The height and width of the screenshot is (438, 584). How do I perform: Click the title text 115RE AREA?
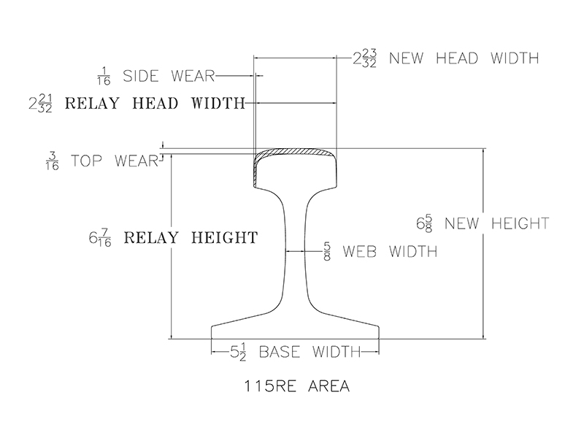297,386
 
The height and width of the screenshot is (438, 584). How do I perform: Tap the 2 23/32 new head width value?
364,58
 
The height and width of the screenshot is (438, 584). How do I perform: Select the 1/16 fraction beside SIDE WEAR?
104,77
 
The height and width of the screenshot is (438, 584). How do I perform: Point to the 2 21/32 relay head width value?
41,104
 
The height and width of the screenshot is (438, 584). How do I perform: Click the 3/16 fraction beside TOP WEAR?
52,161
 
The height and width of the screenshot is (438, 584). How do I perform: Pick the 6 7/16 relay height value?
100,238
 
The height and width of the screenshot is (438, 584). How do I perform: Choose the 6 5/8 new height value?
425,223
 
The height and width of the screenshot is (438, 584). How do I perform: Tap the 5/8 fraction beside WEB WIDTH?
327,251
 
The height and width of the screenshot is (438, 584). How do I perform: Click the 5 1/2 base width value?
239,352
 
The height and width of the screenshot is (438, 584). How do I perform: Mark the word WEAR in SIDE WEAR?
193,76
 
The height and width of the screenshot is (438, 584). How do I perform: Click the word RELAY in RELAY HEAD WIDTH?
92,103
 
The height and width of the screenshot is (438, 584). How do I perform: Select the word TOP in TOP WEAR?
86,161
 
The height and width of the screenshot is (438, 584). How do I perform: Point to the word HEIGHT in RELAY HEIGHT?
225,238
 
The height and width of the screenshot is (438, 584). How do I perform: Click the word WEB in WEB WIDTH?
360,251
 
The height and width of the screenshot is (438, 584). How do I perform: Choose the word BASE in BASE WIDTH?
280,352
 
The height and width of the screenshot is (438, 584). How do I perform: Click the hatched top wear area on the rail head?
295,152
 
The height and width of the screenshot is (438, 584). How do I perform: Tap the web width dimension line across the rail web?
296,251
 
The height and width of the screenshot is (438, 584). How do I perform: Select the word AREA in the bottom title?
329,386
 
